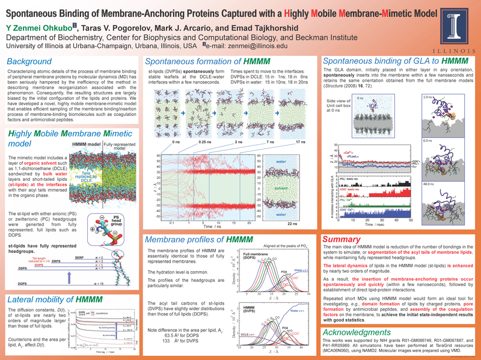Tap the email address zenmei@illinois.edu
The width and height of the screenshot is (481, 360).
tap(248, 46)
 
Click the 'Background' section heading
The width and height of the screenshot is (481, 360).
tap(28, 62)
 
